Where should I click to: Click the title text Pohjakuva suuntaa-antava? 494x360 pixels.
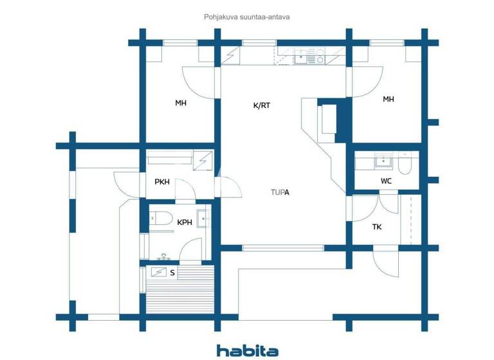tap(247, 17)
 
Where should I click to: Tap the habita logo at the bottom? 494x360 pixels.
tap(247, 350)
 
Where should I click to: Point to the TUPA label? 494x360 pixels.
tap(280, 192)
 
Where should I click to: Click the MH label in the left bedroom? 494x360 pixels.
tap(181, 102)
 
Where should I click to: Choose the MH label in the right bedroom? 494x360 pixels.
tap(388, 99)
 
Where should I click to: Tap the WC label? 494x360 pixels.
tap(386, 181)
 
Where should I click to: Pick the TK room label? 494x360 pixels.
tap(377, 226)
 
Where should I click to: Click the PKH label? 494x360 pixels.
tap(162, 182)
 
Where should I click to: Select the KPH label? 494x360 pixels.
tap(185, 222)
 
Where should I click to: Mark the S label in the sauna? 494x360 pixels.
tap(172, 273)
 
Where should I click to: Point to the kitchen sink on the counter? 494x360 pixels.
tap(301, 60)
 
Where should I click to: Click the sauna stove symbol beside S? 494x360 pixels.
tap(158, 272)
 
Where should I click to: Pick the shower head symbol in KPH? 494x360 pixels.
tap(163, 256)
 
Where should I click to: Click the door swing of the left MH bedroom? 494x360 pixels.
tap(197, 82)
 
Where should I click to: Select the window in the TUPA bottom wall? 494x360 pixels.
tap(284, 248)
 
